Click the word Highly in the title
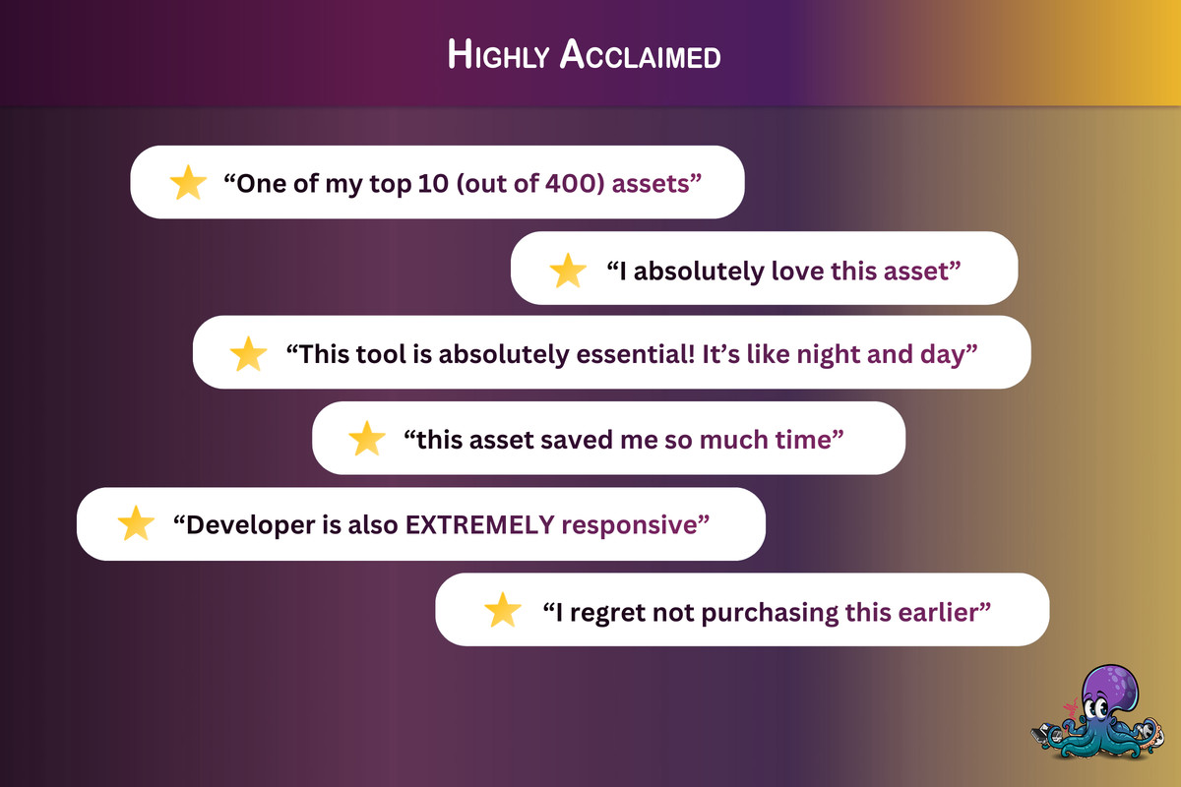coord(498,55)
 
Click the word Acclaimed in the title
coord(640,55)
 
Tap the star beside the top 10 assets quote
coord(188,183)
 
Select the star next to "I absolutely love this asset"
coord(568,270)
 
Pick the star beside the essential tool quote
coord(248,354)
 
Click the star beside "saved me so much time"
coord(367,440)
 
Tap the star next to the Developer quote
coord(136,524)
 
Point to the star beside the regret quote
coord(503,611)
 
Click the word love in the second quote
coord(794,270)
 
